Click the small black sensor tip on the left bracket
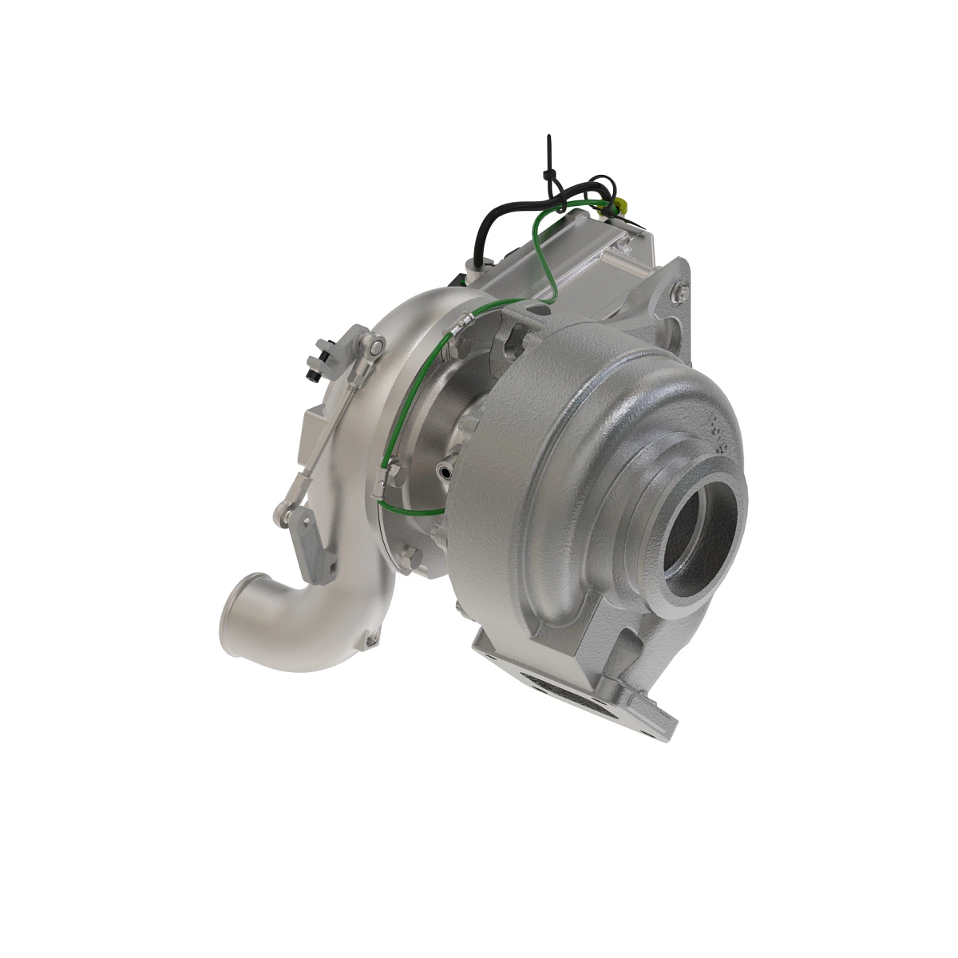click(312, 372)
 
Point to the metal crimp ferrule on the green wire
click(464, 323)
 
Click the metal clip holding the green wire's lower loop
click(390, 479)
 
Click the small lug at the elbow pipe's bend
click(369, 639)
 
